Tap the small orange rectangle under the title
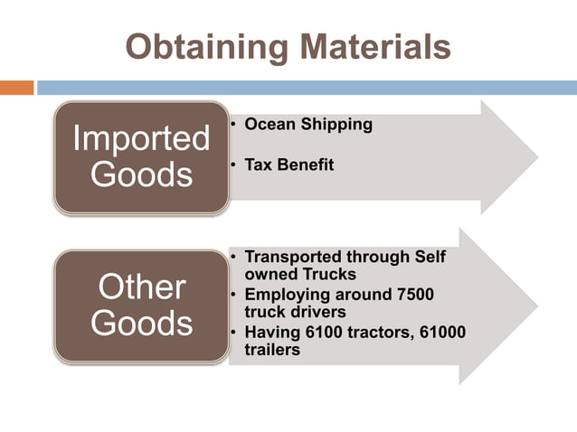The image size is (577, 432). (x=16, y=88)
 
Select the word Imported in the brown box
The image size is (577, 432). (x=140, y=139)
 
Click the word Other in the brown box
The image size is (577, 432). (x=140, y=288)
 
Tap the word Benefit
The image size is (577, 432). (x=306, y=165)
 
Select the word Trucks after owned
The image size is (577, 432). (x=326, y=274)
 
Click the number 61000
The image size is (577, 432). (x=441, y=332)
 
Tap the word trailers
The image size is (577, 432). (x=272, y=349)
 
